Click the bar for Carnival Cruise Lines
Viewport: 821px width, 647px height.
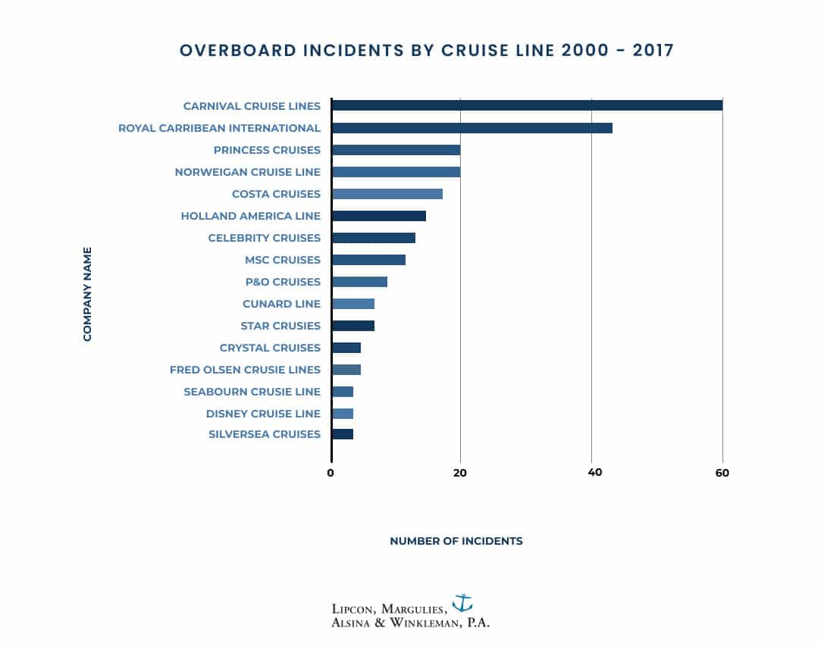click(527, 105)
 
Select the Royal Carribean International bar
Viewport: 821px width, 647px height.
click(472, 128)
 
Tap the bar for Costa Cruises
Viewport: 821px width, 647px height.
click(387, 194)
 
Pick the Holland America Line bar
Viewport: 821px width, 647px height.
click(379, 216)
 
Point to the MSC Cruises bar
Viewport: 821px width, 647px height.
click(368, 260)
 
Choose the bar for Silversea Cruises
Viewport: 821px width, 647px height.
click(343, 434)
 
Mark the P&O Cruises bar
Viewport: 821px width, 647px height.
click(359, 282)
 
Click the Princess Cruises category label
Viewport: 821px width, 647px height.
click(267, 150)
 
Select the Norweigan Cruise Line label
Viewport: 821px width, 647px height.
click(248, 172)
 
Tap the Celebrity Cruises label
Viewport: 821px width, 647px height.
click(265, 238)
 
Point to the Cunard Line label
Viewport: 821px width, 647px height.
click(281, 304)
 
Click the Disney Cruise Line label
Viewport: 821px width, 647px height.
click(263, 414)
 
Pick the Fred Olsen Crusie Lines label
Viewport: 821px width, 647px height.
click(245, 370)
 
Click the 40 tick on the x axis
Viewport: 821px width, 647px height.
click(595, 473)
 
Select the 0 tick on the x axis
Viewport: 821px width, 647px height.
click(331, 473)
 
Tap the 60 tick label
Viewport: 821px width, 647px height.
click(722, 473)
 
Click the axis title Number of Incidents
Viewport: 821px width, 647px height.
click(456, 541)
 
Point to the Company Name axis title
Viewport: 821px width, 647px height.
click(87, 294)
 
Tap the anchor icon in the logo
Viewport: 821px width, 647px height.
click(462, 603)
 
